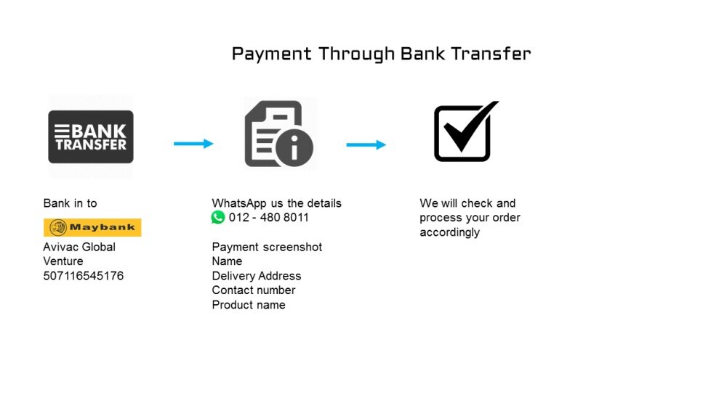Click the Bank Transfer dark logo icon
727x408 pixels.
91,136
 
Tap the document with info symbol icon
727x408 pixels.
278,134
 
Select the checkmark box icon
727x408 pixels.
466,131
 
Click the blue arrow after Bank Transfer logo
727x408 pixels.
193,144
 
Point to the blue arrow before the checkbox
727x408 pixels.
366,144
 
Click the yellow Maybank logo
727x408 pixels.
92,227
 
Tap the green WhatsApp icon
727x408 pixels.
218,217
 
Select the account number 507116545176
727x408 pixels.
84,276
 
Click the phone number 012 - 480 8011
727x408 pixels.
268,217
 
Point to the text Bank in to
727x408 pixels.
70,203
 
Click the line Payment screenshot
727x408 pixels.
267,247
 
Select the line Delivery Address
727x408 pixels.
257,276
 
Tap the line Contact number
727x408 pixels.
254,290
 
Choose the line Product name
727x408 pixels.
249,305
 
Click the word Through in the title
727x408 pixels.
356,54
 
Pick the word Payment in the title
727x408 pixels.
271,54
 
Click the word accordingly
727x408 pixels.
450,232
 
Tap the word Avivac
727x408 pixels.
62,247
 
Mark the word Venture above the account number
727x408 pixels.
63,261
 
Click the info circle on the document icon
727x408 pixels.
294,147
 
